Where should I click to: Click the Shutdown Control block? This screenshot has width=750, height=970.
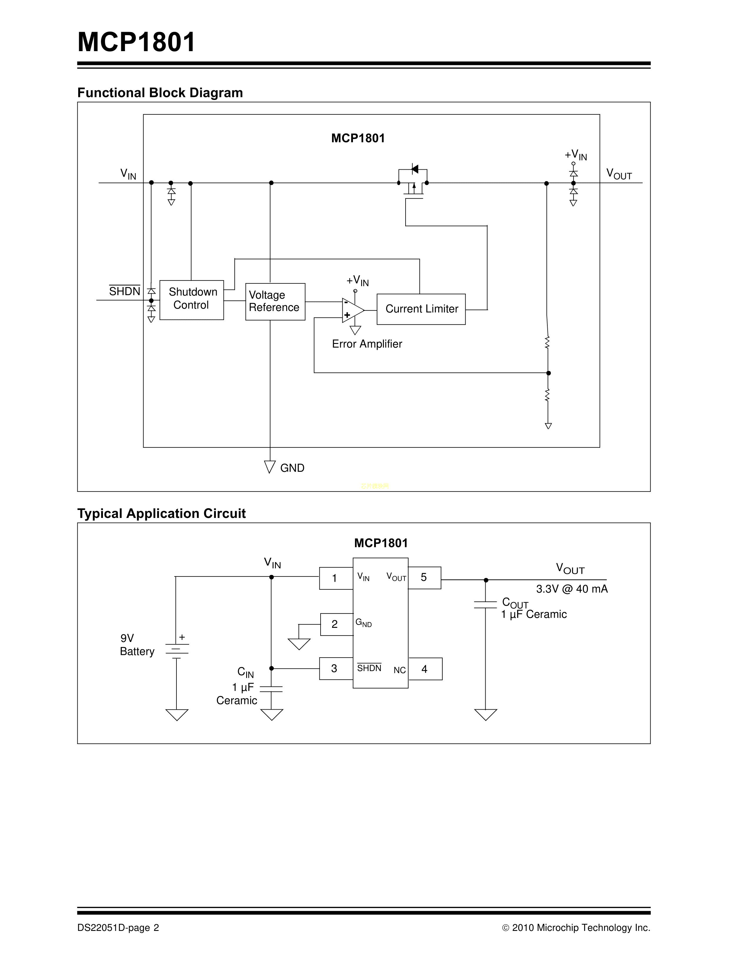191,300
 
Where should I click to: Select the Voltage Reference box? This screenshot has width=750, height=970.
275,302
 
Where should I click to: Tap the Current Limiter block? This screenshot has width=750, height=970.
421,309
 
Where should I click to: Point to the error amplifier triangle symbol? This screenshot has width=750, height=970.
353,310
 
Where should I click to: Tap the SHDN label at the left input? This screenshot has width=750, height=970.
124,291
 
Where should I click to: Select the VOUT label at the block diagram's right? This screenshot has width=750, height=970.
619,174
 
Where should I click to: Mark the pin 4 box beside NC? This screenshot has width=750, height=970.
425,669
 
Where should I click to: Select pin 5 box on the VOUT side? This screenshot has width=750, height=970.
424,577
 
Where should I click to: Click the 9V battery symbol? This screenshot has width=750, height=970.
177,649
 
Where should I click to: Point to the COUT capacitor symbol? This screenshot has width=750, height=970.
485,604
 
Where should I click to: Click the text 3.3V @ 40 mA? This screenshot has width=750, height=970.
571,589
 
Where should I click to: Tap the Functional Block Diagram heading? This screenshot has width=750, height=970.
160,93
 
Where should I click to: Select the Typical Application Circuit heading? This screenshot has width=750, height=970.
161,514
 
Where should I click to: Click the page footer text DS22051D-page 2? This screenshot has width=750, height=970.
118,928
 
